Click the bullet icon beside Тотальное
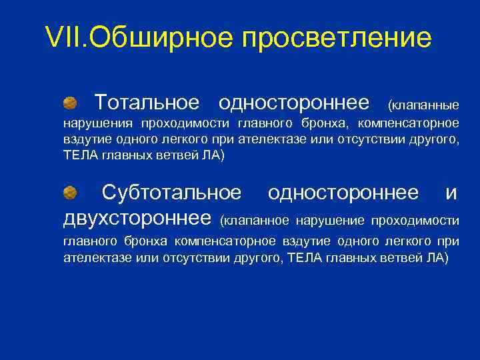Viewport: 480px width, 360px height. pos(70,103)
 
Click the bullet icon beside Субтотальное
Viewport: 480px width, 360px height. pos(70,193)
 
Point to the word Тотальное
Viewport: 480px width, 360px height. pos(147,103)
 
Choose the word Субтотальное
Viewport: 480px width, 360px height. pos(171,193)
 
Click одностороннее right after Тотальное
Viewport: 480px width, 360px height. pos(294,103)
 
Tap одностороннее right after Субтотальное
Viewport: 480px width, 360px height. pos(343,193)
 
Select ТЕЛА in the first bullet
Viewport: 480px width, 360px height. pos(80,155)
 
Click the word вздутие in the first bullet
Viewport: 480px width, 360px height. pos(85,139)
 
